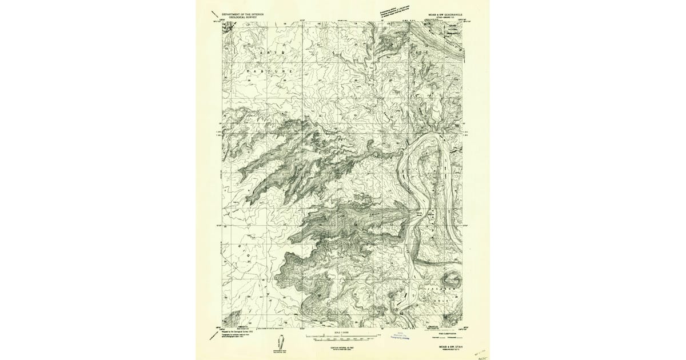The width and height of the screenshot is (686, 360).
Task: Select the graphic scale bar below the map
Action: (343, 337)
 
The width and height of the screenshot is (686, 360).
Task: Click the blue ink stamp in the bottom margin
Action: (402, 337)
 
